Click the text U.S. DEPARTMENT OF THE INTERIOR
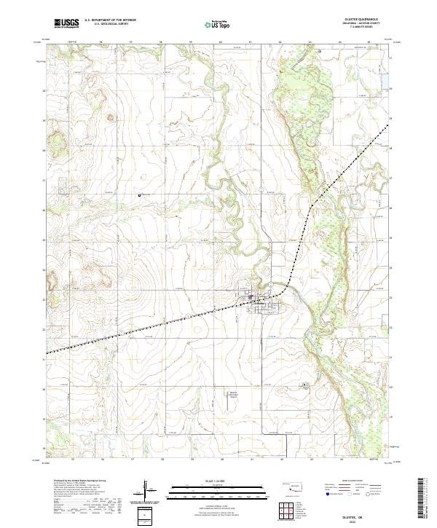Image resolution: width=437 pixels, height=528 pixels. (110, 20)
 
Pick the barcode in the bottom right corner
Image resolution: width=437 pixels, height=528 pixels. (423, 498)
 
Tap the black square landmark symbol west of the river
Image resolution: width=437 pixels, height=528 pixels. (140, 194)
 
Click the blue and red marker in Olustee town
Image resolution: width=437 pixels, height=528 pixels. (250, 296)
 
